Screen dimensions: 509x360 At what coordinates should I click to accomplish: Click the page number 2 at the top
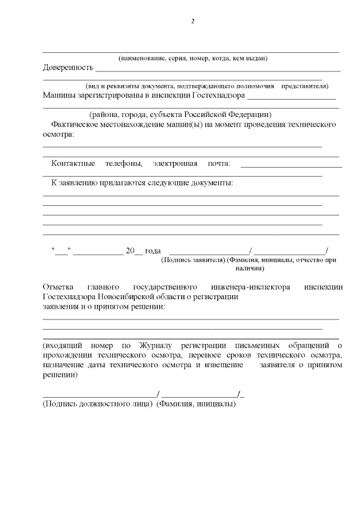(192, 22)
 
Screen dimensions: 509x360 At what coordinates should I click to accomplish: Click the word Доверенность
(67, 68)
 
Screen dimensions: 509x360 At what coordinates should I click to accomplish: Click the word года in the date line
(153, 251)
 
